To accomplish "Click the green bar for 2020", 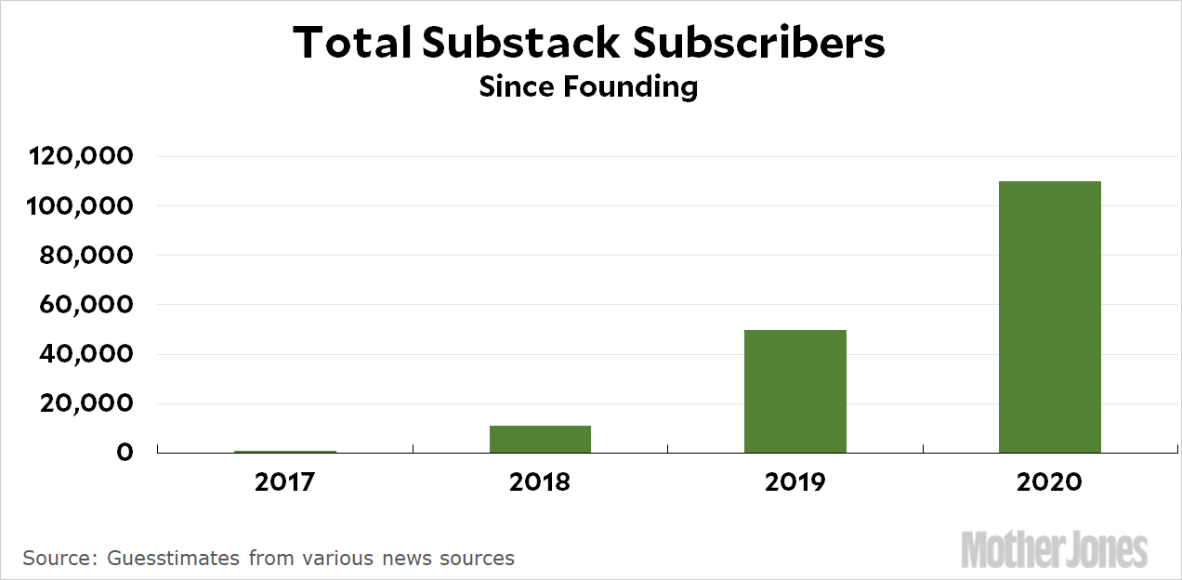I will [1049, 317].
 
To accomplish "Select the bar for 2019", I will [795, 391].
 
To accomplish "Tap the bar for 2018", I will [540, 439].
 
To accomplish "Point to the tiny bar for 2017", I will [285, 452].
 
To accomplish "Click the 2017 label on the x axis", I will [285, 482].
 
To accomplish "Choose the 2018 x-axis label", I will [540, 482].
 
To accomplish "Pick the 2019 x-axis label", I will [795, 482].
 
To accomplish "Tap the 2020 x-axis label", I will [1049, 482].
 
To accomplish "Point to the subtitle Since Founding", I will [588, 87].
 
